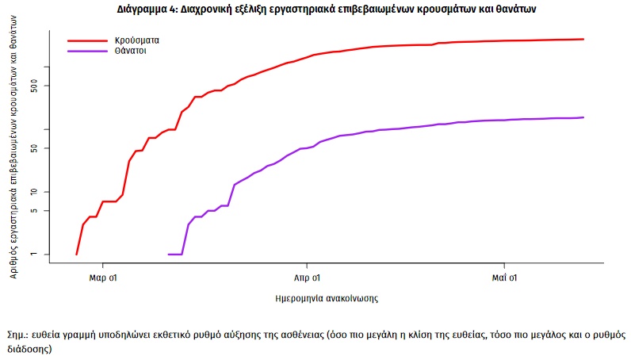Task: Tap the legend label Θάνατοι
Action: [132, 50]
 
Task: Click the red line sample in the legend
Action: [86, 39]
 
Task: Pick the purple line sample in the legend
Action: [86, 51]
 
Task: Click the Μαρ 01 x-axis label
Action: [105, 278]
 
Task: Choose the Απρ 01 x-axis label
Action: [307, 278]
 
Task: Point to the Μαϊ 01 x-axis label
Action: [504, 278]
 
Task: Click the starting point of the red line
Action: [76, 255]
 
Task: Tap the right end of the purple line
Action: [583, 117]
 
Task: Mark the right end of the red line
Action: [583, 39]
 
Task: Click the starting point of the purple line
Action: [169, 255]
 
